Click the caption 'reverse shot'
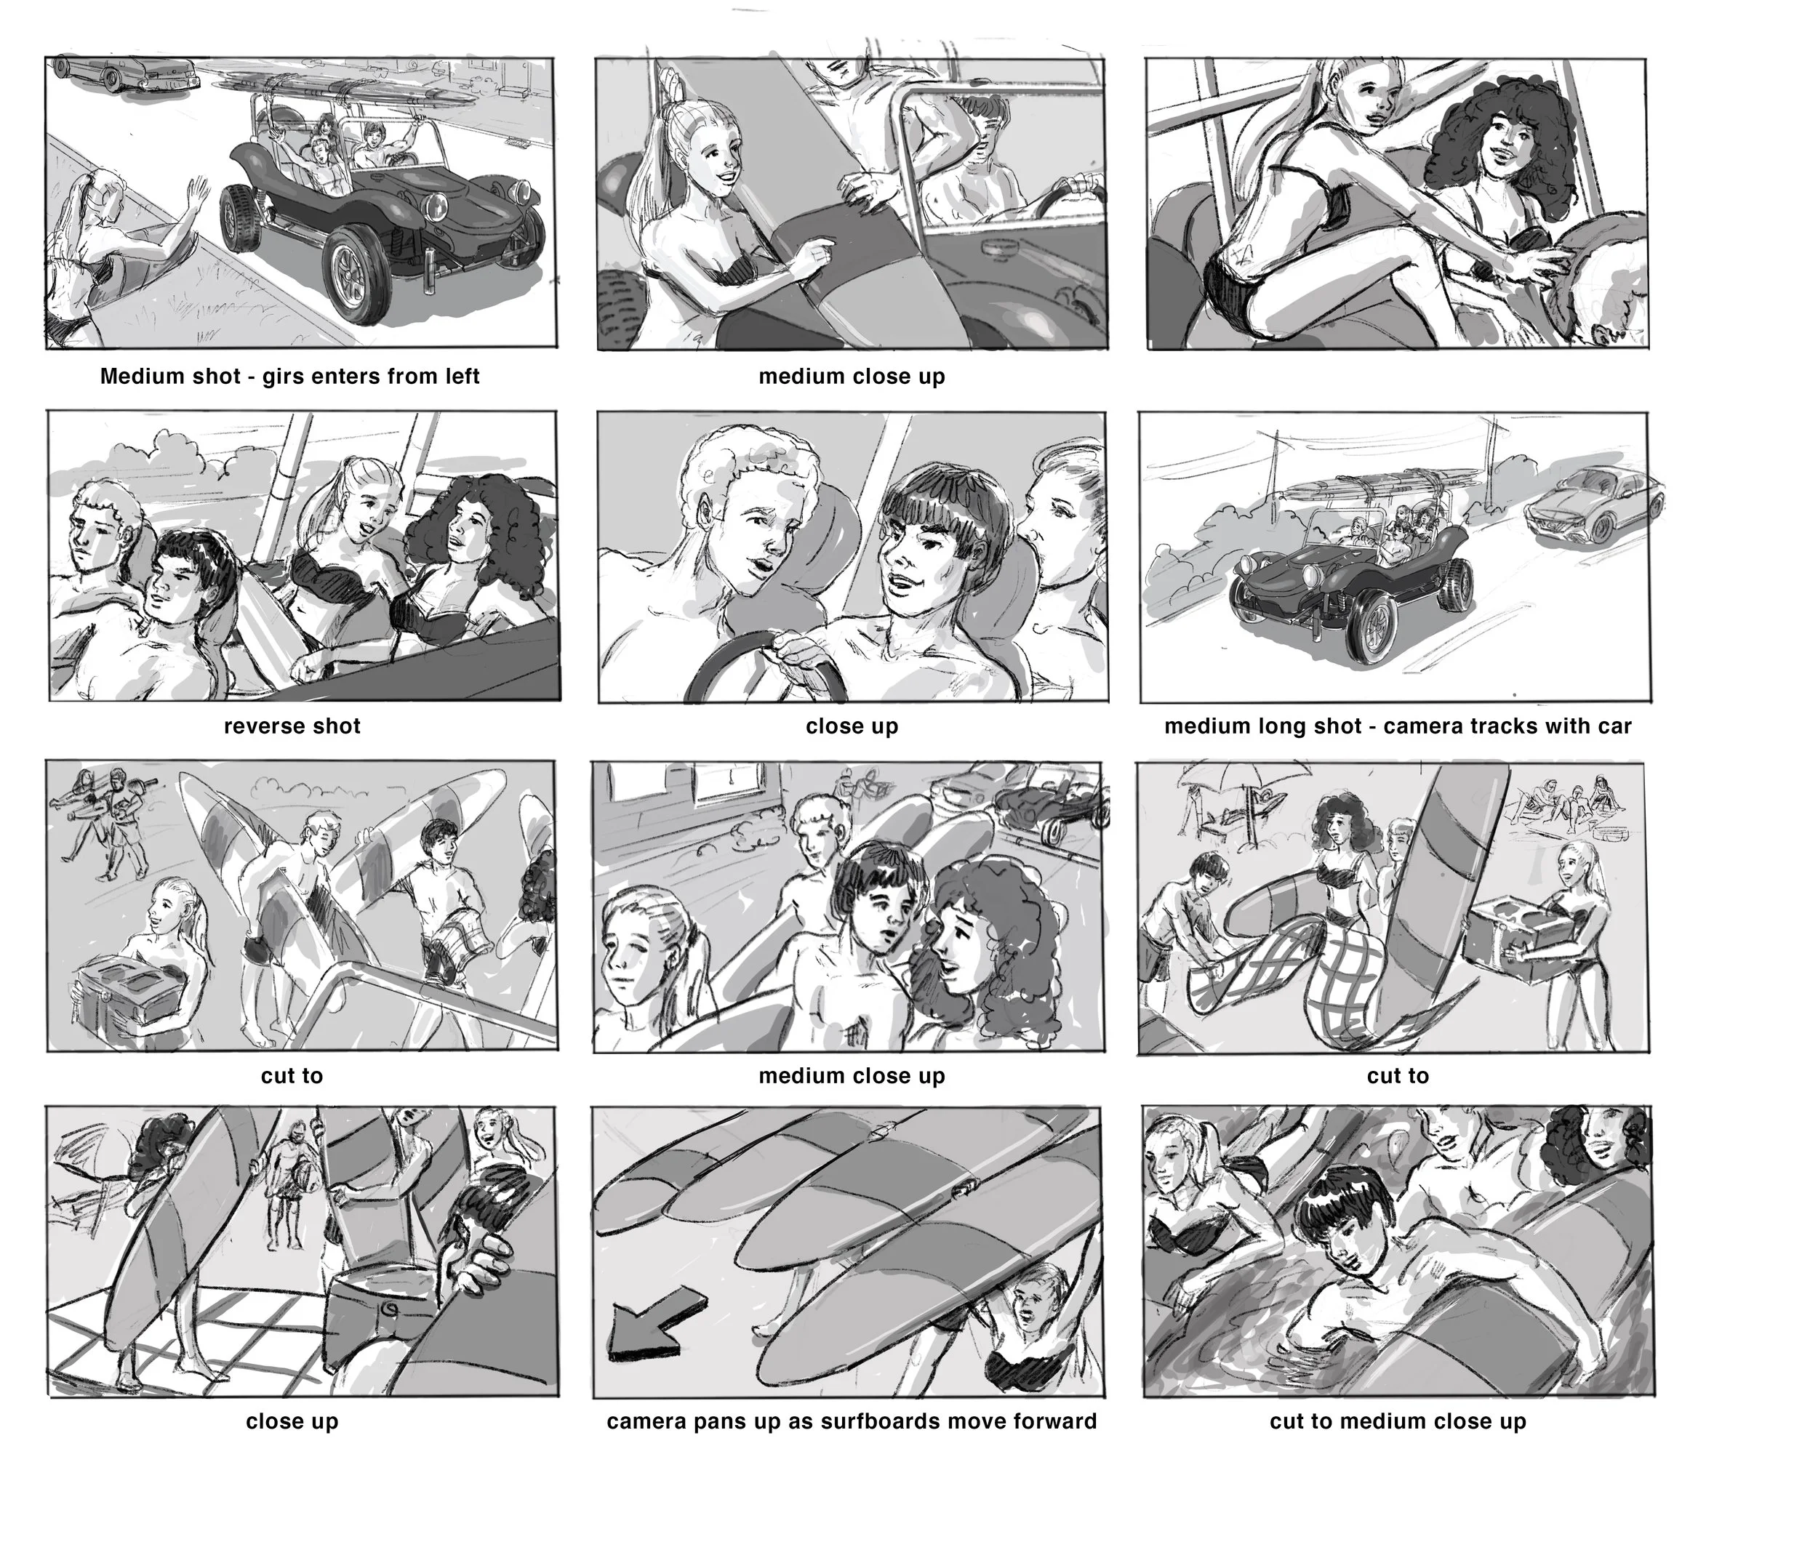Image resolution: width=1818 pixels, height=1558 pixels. pyautogui.click(x=292, y=726)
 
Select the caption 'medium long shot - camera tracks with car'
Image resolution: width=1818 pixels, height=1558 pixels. pyautogui.click(x=1398, y=726)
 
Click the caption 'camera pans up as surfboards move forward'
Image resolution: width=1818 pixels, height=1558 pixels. pyautogui.click(x=851, y=1422)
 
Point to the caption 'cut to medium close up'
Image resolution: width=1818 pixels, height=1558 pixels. pyautogui.click(x=1398, y=1422)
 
